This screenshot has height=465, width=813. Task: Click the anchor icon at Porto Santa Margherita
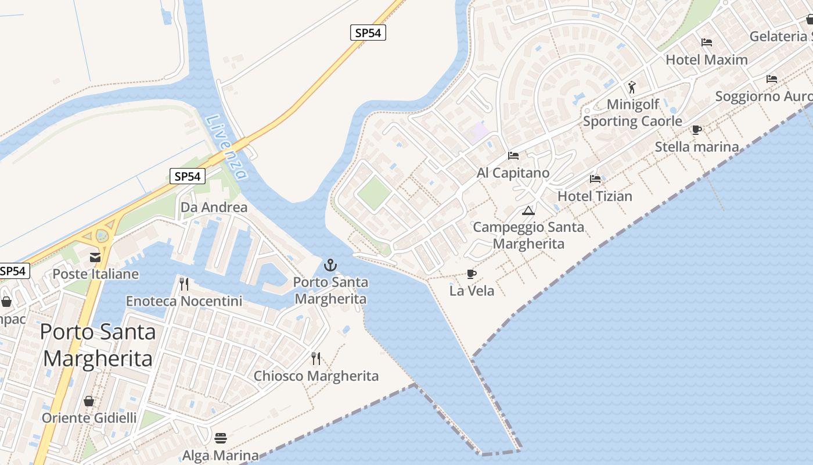click(330, 266)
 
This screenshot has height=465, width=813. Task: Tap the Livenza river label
click(226, 146)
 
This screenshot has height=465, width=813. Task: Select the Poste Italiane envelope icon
click(95, 257)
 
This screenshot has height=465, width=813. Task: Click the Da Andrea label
click(214, 208)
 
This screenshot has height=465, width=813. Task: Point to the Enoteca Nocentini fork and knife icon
click(184, 284)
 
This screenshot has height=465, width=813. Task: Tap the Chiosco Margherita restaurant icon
click(316, 358)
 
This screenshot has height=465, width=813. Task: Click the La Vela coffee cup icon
click(472, 274)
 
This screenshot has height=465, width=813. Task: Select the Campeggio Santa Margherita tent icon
click(528, 210)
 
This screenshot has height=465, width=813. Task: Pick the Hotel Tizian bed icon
click(595, 179)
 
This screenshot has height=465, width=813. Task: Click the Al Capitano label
click(513, 173)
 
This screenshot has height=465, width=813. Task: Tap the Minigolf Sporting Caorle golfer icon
click(632, 88)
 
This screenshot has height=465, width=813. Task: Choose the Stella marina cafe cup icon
click(697, 130)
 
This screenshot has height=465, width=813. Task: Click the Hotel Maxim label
click(707, 59)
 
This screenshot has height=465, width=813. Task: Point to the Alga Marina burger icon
click(220, 437)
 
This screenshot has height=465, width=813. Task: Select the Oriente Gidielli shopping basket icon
click(89, 401)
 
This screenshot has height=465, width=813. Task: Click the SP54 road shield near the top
click(368, 33)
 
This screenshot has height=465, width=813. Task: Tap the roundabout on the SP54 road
click(103, 235)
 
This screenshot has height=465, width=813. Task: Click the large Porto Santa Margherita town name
click(98, 345)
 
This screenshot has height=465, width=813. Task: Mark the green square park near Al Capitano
click(373, 194)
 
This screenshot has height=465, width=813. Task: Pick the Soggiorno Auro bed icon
click(772, 79)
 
